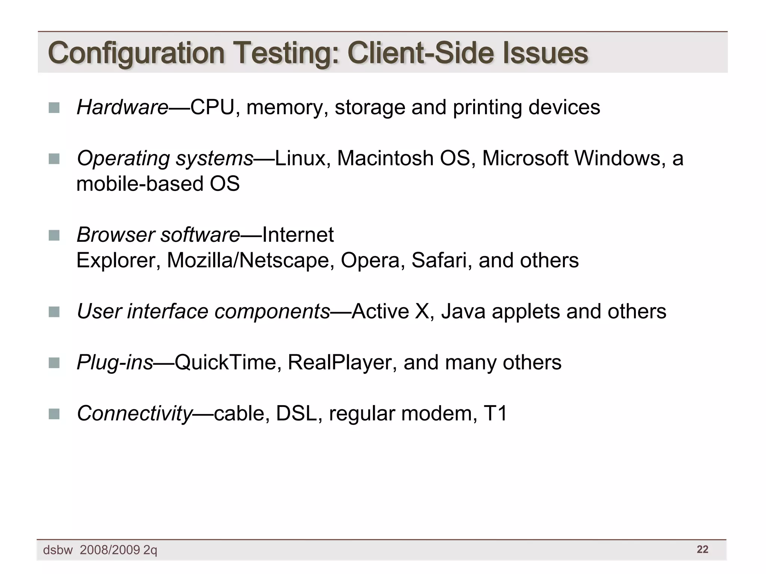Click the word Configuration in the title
(x=136, y=53)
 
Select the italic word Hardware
(x=122, y=108)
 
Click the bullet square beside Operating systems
(x=54, y=159)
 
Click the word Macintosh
(x=385, y=158)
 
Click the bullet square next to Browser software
(x=54, y=235)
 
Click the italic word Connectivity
(x=134, y=414)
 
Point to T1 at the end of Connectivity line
(x=495, y=414)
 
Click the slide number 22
(x=702, y=549)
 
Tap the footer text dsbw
(x=58, y=550)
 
